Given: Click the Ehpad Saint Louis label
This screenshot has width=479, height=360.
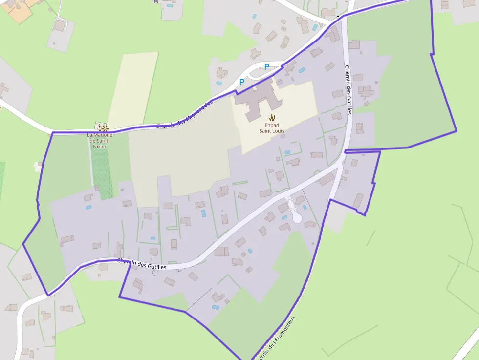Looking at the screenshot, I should click(272, 128).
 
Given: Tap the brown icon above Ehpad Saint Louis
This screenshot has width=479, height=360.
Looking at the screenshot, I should click(272, 117).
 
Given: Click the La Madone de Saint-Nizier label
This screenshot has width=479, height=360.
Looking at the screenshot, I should click(100, 141).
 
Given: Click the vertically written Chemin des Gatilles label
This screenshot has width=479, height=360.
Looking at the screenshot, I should click(348, 90).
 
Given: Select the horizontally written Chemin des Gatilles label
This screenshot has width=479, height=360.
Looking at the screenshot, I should click(142, 264).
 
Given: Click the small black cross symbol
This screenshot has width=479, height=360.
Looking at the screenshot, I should click(338, 17).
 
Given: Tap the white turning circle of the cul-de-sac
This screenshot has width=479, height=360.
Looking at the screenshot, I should click(297, 218).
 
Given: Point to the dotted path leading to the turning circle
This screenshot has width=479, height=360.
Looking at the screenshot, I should click(292, 206).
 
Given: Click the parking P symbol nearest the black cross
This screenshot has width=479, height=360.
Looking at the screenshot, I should click(267, 67).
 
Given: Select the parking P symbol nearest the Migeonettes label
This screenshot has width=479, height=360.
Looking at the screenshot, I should click(241, 82).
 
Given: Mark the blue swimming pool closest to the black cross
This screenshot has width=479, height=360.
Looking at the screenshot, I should click(315, 28).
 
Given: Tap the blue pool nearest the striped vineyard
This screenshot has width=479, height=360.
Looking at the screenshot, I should click(88, 208).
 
